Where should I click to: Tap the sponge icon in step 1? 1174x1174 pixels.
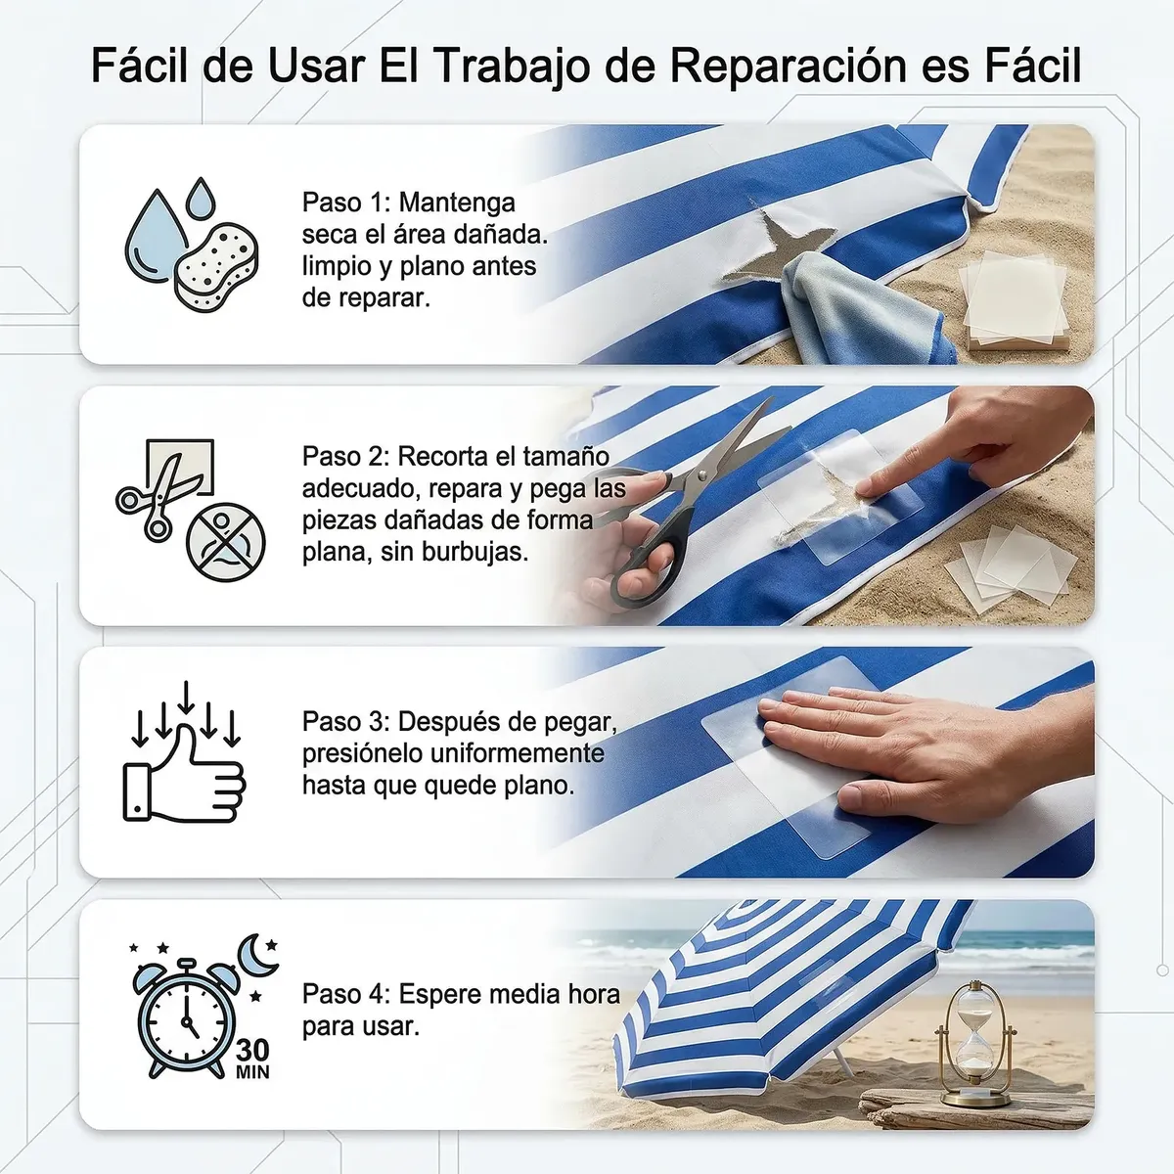216,267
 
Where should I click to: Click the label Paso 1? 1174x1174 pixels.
346,203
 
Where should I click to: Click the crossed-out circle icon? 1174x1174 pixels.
225,542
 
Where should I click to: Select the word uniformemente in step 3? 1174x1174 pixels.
518,753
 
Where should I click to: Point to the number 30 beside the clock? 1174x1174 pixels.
252,1050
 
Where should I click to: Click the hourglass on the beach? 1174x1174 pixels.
975,1036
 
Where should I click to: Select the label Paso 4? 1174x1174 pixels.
346,994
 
